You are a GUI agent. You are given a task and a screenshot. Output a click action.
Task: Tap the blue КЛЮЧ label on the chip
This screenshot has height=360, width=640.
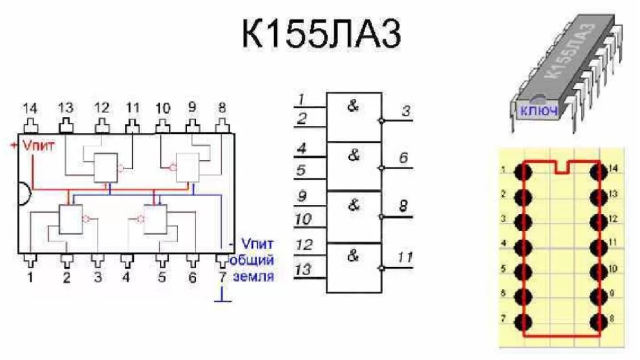pos(539,111)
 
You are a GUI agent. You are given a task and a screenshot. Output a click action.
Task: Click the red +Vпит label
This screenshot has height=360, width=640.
pos(35,145)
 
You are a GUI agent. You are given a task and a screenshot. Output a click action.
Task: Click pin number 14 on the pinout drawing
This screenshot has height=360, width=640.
pos(31,108)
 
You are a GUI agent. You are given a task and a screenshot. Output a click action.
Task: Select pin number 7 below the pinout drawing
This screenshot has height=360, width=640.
pos(222,277)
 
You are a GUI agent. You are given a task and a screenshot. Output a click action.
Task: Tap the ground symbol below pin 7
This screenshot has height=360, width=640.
pos(222,300)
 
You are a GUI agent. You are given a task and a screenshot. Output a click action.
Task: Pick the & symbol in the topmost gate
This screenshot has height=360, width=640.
pos(353,106)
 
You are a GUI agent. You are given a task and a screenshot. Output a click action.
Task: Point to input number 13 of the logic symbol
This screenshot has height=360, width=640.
pos(303,270)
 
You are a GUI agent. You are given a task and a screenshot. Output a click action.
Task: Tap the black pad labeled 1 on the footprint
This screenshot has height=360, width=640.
pos(523,172)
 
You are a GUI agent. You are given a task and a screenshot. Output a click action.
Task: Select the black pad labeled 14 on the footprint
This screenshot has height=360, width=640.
pos(598,172)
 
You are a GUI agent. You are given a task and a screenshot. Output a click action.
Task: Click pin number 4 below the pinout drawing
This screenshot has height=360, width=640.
pos(126,277)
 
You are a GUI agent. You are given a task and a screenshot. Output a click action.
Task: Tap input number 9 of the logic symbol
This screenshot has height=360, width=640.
pos(302,196)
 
